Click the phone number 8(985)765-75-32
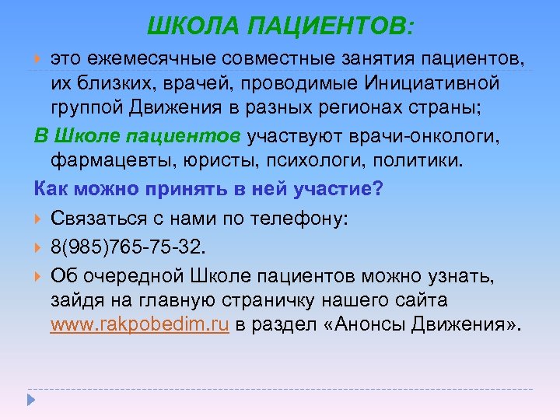[128, 247]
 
